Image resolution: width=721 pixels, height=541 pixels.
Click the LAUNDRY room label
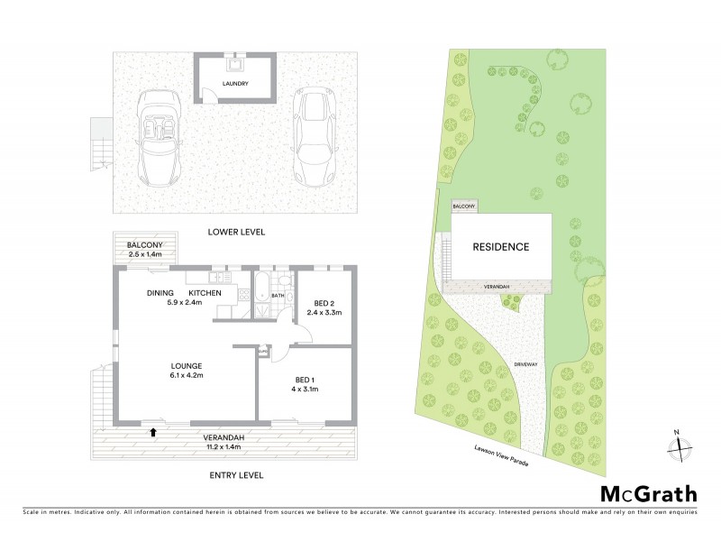click(236, 84)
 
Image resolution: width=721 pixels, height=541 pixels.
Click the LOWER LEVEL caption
click(236, 232)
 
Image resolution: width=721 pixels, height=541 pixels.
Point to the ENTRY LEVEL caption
click(236, 474)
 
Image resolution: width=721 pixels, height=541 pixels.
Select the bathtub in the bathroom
click(260, 294)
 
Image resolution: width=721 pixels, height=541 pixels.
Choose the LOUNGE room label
click(185, 366)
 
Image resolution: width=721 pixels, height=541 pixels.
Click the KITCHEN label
click(205, 294)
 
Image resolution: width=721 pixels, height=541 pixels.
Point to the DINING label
click(161, 294)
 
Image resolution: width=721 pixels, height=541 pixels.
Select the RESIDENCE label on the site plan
click(502, 246)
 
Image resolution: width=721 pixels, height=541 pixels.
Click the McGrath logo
click(648, 493)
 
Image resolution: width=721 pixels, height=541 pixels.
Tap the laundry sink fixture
click(236, 64)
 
